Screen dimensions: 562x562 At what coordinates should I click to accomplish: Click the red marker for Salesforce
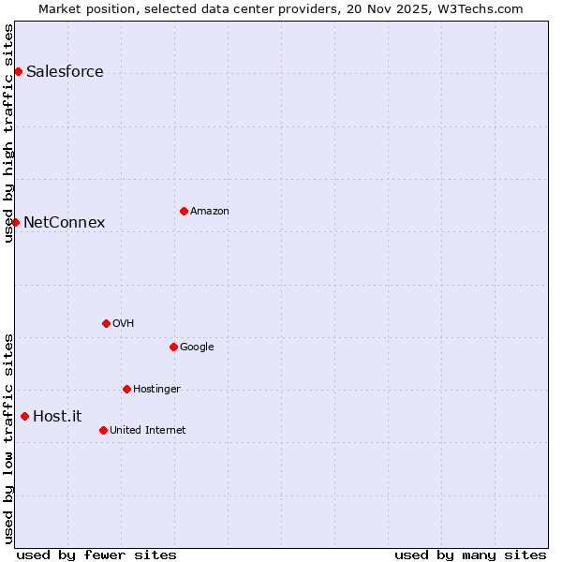click(x=18, y=71)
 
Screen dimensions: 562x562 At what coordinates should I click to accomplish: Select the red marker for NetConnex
click(x=15, y=222)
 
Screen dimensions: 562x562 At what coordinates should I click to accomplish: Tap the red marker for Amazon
click(x=184, y=211)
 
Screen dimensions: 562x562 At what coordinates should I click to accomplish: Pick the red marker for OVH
click(x=106, y=323)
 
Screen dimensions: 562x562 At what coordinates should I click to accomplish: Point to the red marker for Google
click(x=173, y=347)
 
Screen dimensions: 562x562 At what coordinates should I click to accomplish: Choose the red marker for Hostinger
click(x=126, y=389)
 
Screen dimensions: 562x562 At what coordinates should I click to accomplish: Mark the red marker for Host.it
click(x=24, y=416)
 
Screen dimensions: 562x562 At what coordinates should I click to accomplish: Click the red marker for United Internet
click(x=103, y=430)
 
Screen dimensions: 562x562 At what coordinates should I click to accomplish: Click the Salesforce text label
click(x=65, y=72)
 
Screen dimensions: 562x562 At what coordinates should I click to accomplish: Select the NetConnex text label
click(x=64, y=222)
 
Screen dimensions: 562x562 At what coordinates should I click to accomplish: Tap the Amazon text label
click(x=210, y=212)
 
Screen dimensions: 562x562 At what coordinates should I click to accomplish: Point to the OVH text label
click(x=123, y=324)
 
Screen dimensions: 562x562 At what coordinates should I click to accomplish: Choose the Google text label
click(x=197, y=348)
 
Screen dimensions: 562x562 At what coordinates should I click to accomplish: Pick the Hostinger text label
click(x=156, y=390)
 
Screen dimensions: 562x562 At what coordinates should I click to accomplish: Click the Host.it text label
click(x=57, y=417)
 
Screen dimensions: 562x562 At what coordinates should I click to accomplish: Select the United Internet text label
click(x=147, y=431)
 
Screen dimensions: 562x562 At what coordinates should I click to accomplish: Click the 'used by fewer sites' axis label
click(x=96, y=555)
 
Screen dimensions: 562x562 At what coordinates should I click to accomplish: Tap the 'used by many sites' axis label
click(x=470, y=555)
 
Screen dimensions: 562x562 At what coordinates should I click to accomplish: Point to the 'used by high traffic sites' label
click(x=8, y=133)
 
